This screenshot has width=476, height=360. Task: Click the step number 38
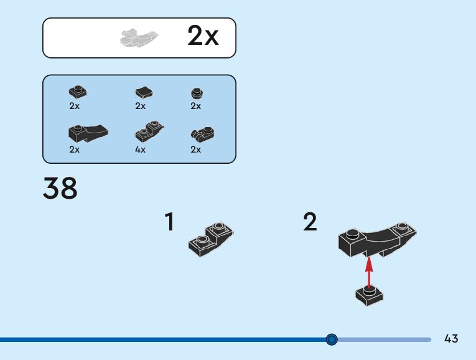coord(60,189)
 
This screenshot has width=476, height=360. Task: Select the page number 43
coord(451,339)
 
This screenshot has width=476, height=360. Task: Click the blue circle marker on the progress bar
coord(332,339)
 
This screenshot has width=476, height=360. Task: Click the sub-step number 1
coord(169,222)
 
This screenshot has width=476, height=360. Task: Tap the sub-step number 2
coord(310,222)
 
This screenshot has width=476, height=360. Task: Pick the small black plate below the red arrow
coord(369,295)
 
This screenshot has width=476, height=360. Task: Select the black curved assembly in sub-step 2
coord(376,240)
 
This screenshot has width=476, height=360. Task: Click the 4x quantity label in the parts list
coord(140,149)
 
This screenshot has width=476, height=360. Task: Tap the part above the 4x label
coord(149,131)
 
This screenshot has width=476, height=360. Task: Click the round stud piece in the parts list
coord(197,93)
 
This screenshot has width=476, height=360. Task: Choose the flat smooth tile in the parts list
coord(144,93)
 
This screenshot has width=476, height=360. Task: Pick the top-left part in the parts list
coord(78,92)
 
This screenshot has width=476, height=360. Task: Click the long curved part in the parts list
coord(86,132)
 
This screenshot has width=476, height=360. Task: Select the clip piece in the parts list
coord(202,133)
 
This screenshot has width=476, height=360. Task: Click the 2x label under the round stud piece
coord(196,106)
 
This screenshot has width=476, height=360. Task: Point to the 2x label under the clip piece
coord(196,149)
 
